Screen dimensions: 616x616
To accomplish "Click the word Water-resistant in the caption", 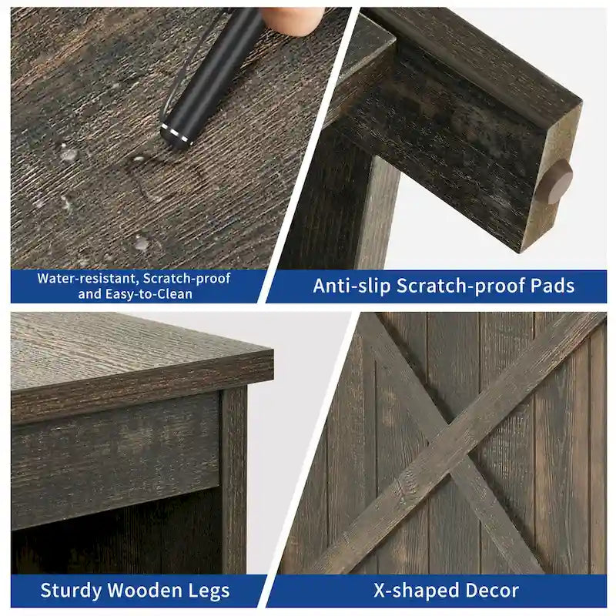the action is coord(88,279).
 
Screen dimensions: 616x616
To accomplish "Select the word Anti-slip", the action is coord(352,286).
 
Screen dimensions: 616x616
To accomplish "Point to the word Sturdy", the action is coord(71,591).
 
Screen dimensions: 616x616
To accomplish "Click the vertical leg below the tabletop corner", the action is coord(235,479).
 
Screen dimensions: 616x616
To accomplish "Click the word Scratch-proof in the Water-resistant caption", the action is coord(186,279).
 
